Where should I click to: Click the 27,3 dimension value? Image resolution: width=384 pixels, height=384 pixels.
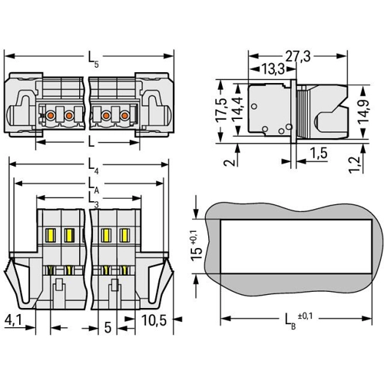click(298, 56)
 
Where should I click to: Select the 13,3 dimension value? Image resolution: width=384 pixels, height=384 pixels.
click(273, 69)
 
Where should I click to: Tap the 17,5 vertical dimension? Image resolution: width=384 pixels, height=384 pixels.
click(221, 109)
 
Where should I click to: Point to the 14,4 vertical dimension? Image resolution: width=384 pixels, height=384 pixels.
click(237, 109)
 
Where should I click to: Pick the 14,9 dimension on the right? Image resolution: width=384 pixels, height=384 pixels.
click(363, 110)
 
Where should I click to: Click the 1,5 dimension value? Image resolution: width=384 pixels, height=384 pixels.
click(319, 153)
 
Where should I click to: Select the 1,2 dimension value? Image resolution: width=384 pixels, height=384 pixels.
click(355, 165)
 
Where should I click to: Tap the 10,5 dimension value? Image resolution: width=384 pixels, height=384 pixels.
click(154, 320)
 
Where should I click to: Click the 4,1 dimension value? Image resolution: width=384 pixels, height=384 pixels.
click(13, 319)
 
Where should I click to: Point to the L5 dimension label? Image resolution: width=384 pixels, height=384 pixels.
click(93, 58)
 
